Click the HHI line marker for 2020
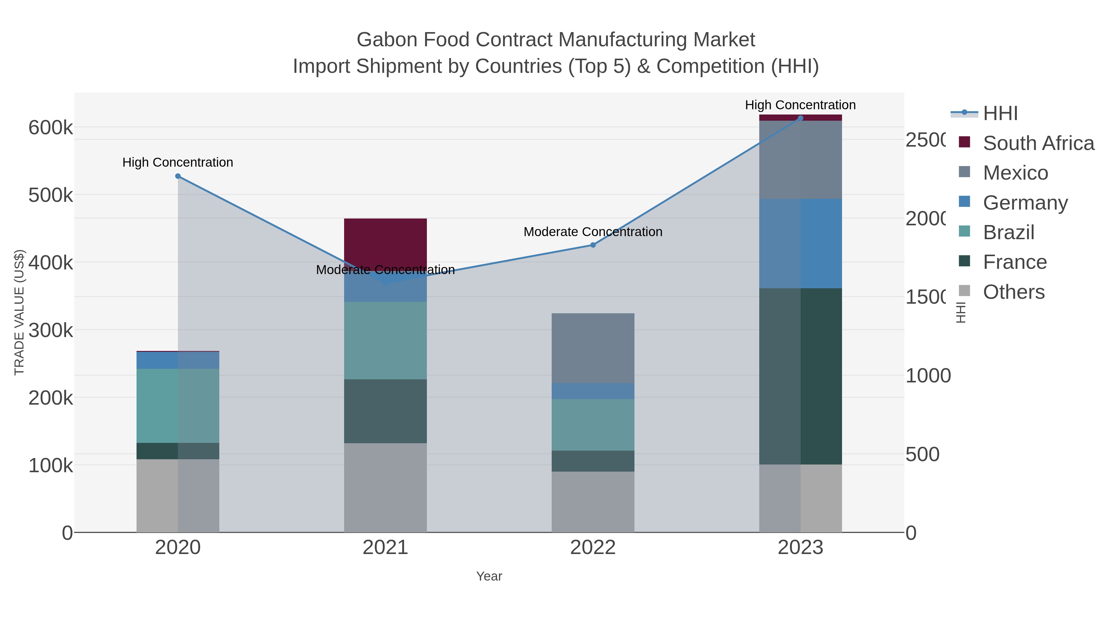click(x=178, y=176)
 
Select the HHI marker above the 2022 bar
click(x=593, y=245)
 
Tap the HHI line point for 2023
click(x=800, y=118)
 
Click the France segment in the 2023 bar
click(x=800, y=376)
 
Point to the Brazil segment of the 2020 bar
click(x=178, y=406)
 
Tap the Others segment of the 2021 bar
click(x=385, y=487)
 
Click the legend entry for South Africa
click(x=1038, y=143)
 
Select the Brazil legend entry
click(x=1009, y=232)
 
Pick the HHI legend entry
click(x=1000, y=114)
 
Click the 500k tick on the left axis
click(x=51, y=195)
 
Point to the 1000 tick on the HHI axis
click(x=928, y=376)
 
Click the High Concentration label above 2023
click(x=800, y=105)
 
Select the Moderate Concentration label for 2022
click(x=593, y=231)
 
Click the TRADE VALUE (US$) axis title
click(x=19, y=312)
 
